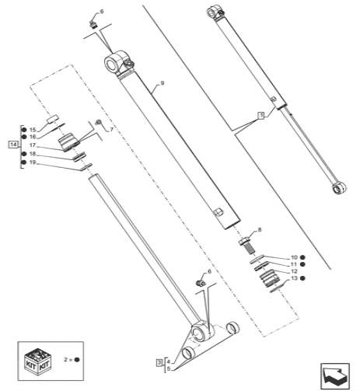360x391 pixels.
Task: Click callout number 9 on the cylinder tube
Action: (x=162, y=83)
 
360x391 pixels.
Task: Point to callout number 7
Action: (x=111, y=129)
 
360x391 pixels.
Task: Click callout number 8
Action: (x=260, y=229)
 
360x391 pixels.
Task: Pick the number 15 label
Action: (x=33, y=129)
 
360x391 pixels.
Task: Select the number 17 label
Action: (x=33, y=145)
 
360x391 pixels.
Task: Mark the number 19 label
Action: (x=33, y=162)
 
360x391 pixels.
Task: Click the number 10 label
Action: (x=294, y=257)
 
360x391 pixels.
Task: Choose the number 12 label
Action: (x=294, y=271)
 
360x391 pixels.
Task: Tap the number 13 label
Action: (x=294, y=278)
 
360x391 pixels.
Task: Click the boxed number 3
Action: (x=159, y=362)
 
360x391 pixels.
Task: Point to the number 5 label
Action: (x=168, y=368)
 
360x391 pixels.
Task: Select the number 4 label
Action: (x=168, y=361)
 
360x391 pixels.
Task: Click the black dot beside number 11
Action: (x=303, y=264)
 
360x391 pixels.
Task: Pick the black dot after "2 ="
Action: (x=77, y=361)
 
